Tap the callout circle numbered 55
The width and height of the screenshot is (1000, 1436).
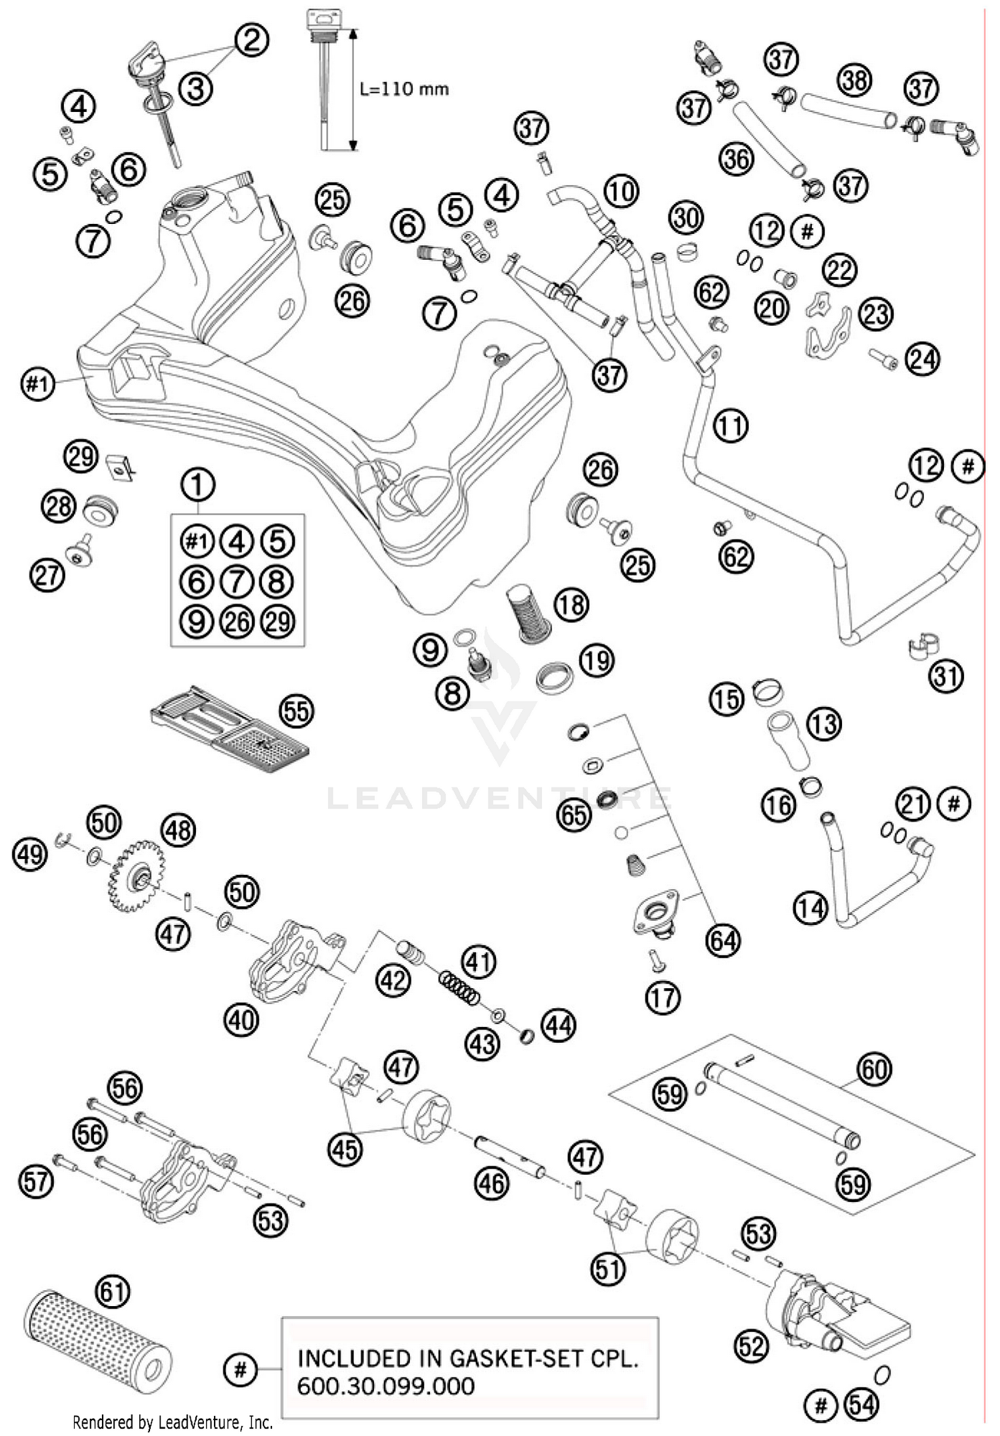click(x=297, y=712)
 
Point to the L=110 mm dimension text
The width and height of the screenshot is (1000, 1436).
click(x=404, y=89)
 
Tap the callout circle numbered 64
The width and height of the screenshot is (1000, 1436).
click(x=724, y=940)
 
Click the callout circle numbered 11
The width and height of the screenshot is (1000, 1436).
click(x=731, y=425)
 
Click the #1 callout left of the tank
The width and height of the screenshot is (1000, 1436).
click(x=37, y=384)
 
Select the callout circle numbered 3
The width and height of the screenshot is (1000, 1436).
click(x=195, y=88)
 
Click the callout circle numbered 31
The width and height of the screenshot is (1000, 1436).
click(x=947, y=676)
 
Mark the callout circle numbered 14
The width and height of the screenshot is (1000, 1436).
click(x=811, y=908)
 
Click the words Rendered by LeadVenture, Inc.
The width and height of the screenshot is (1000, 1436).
click(x=173, y=1423)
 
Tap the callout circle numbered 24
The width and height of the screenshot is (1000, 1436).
click(x=923, y=359)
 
